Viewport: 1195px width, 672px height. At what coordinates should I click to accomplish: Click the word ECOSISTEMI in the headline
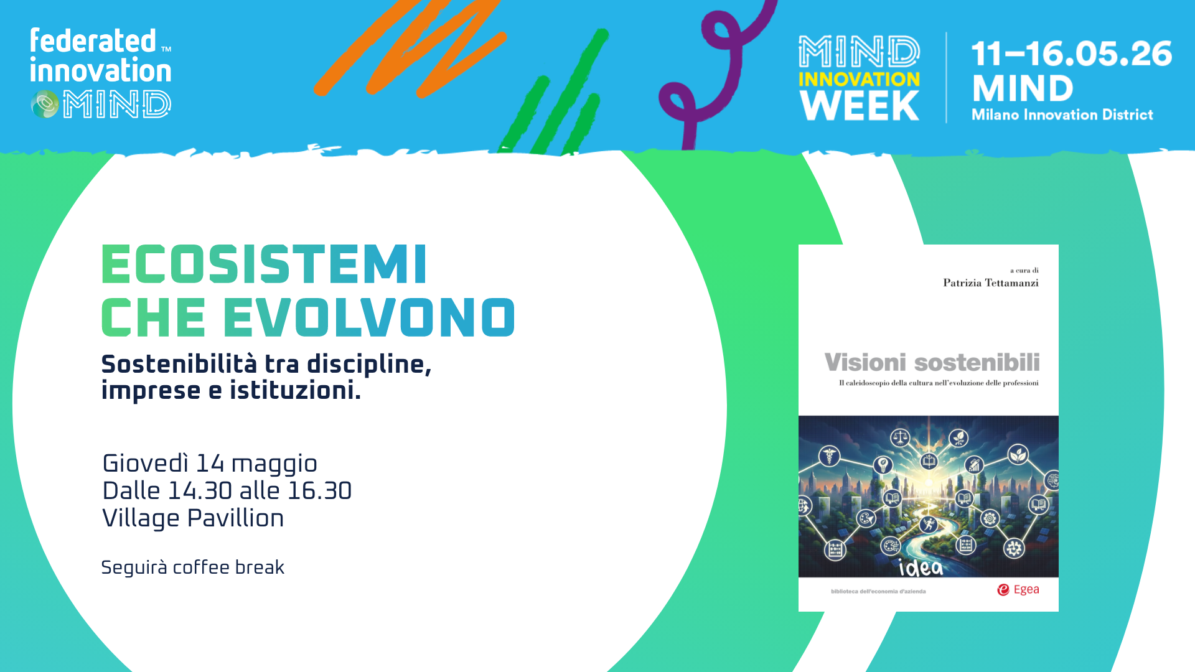pos(265,264)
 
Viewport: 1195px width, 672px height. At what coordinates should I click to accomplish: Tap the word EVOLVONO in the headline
pos(369,317)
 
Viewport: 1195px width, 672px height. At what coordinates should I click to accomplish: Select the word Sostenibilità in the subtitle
pos(179,364)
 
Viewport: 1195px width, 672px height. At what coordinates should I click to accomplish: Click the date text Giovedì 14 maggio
pos(210,464)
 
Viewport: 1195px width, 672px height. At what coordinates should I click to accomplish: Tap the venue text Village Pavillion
pos(193,518)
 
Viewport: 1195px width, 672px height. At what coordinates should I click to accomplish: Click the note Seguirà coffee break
pos(192,567)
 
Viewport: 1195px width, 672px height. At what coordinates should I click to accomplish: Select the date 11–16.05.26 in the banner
pos(1072,54)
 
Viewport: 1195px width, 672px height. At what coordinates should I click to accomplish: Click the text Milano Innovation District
pos(1062,115)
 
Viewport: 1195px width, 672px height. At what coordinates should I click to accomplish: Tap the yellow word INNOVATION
pos(859,80)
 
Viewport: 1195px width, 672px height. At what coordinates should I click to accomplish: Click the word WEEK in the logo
pos(860,106)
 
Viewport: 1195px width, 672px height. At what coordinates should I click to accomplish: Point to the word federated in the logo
pos(93,41)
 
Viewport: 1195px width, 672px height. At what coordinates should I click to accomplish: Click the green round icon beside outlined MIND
pos(45,104)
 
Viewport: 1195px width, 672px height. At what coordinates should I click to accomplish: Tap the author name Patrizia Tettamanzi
pos(991,283)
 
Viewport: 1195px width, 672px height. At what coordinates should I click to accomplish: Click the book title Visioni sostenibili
pos(932,362)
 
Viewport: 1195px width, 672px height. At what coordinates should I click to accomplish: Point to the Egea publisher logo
pos(1018,589)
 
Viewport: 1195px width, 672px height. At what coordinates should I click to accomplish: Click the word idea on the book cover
pos(921,567)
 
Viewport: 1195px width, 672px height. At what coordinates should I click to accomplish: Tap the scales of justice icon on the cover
pos(900,438)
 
